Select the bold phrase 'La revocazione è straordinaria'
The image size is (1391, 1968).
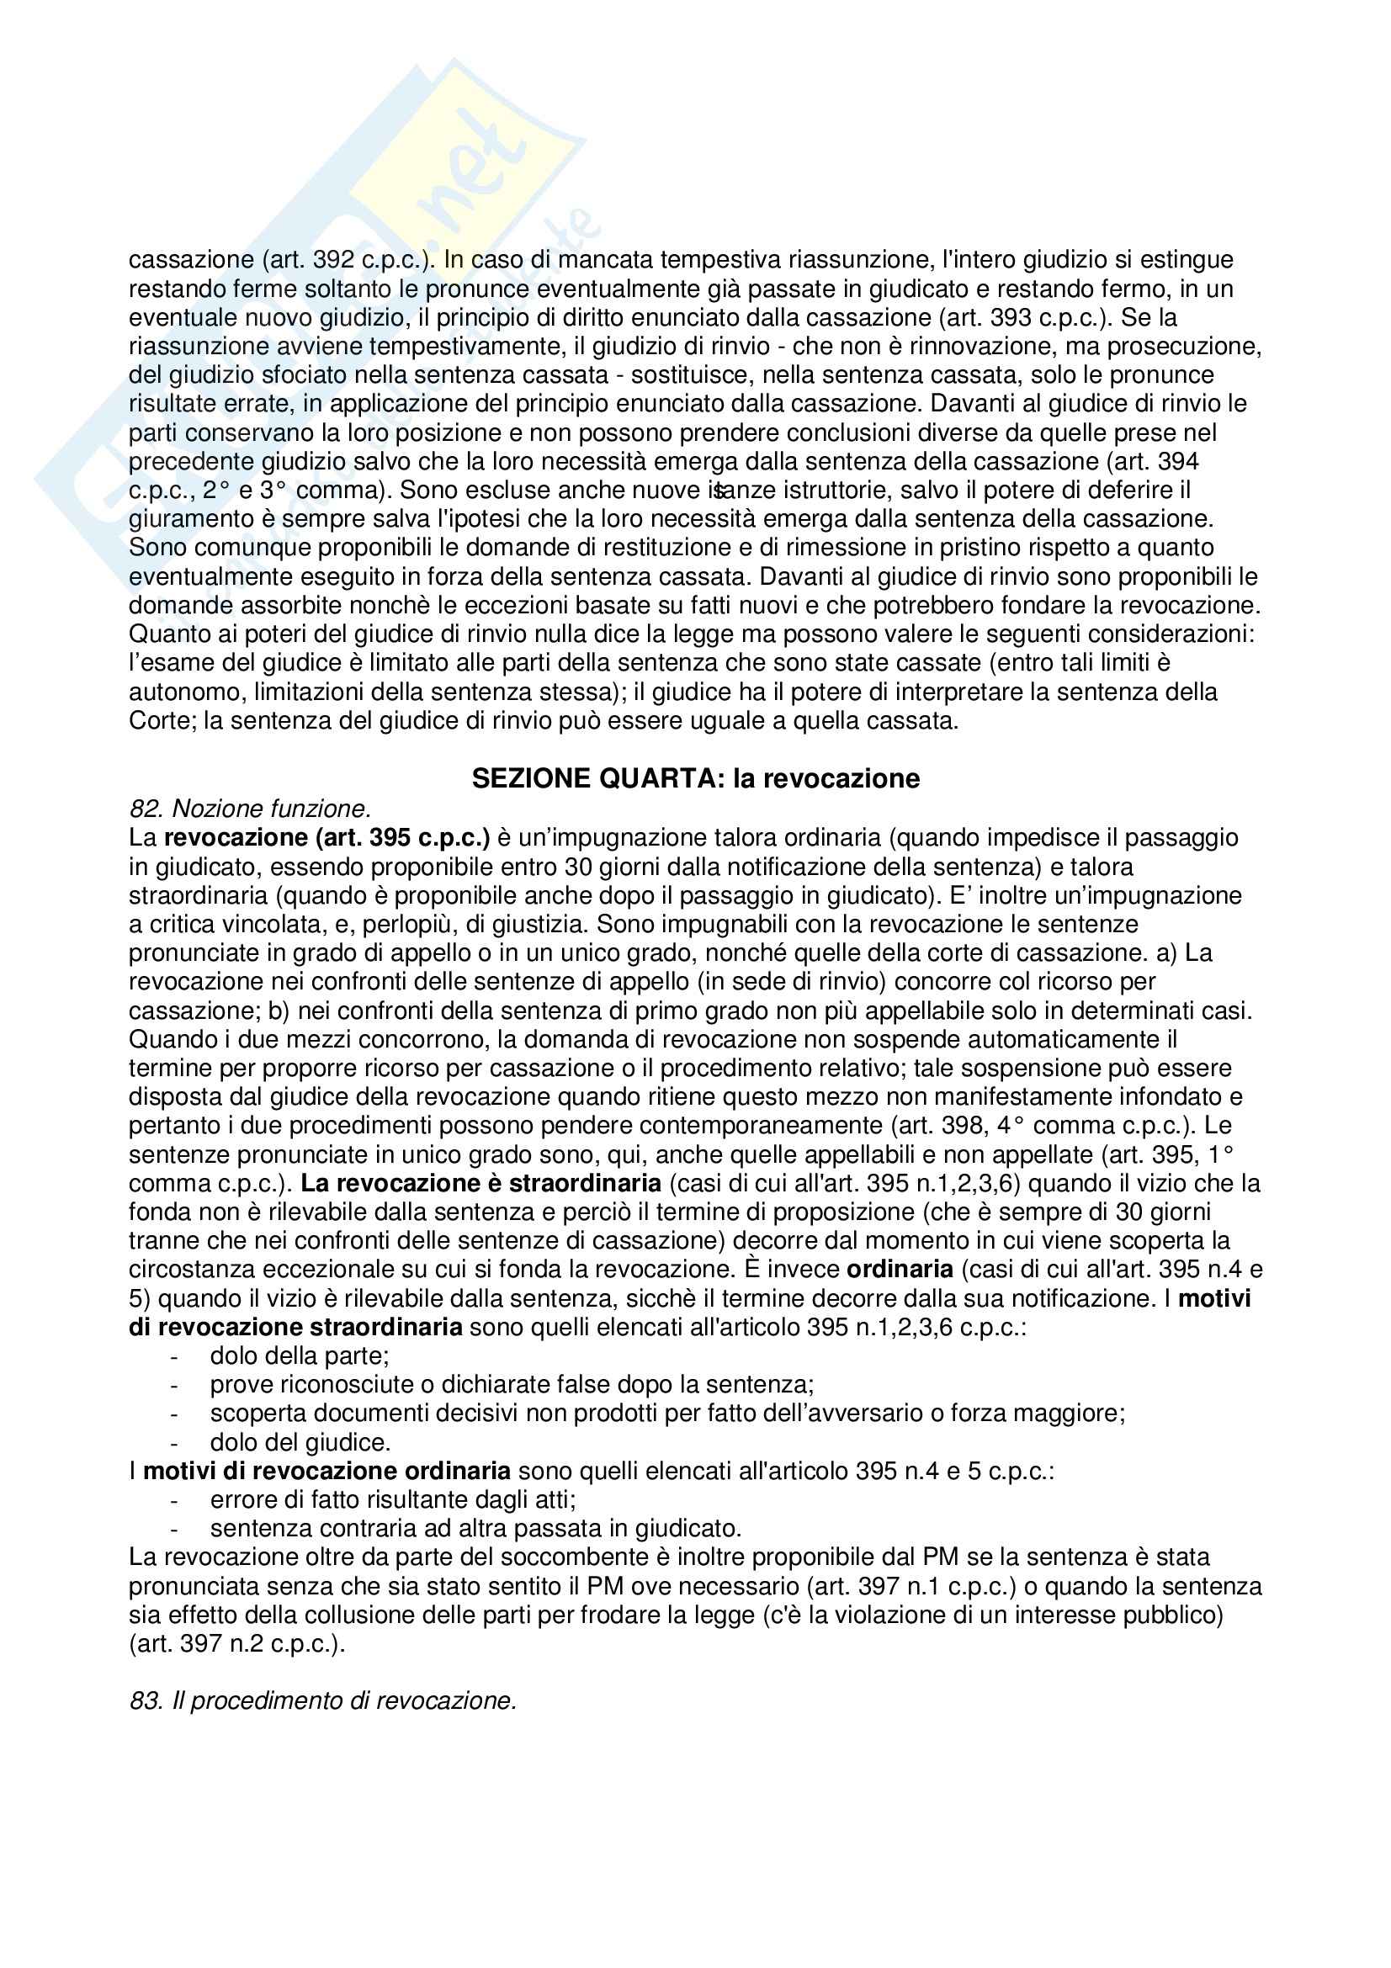pyautogui.click(x=480, y=1183)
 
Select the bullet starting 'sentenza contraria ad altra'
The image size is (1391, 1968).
pyautogui.click(x=475, y=1528)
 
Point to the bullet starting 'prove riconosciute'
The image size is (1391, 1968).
pyautogui.click(x=512, y=1384)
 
